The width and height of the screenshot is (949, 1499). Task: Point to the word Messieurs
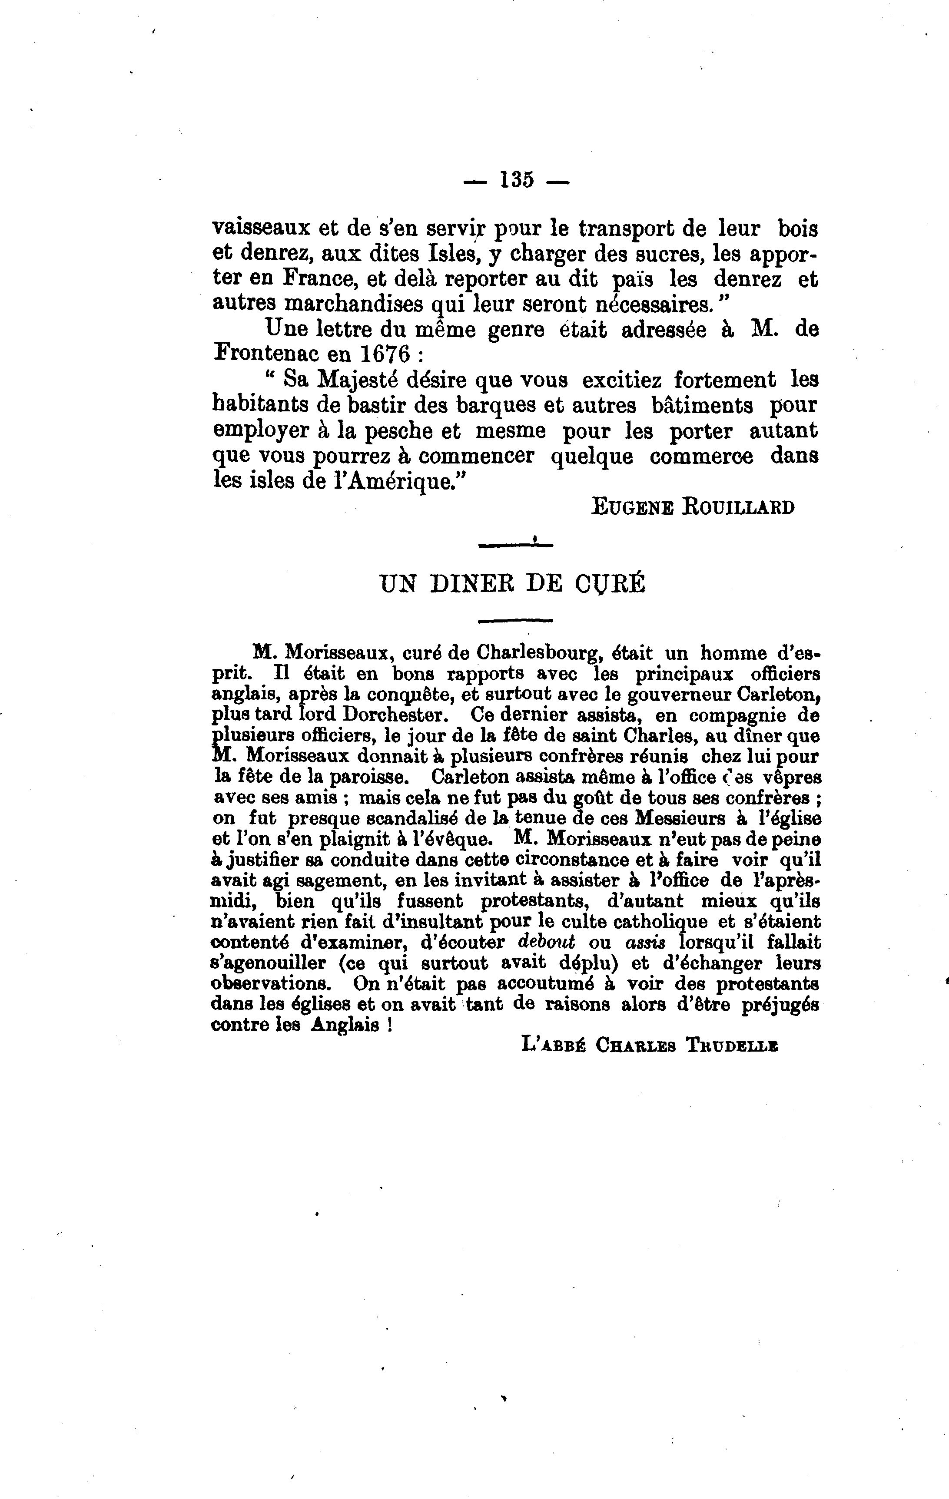click(657, 818)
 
